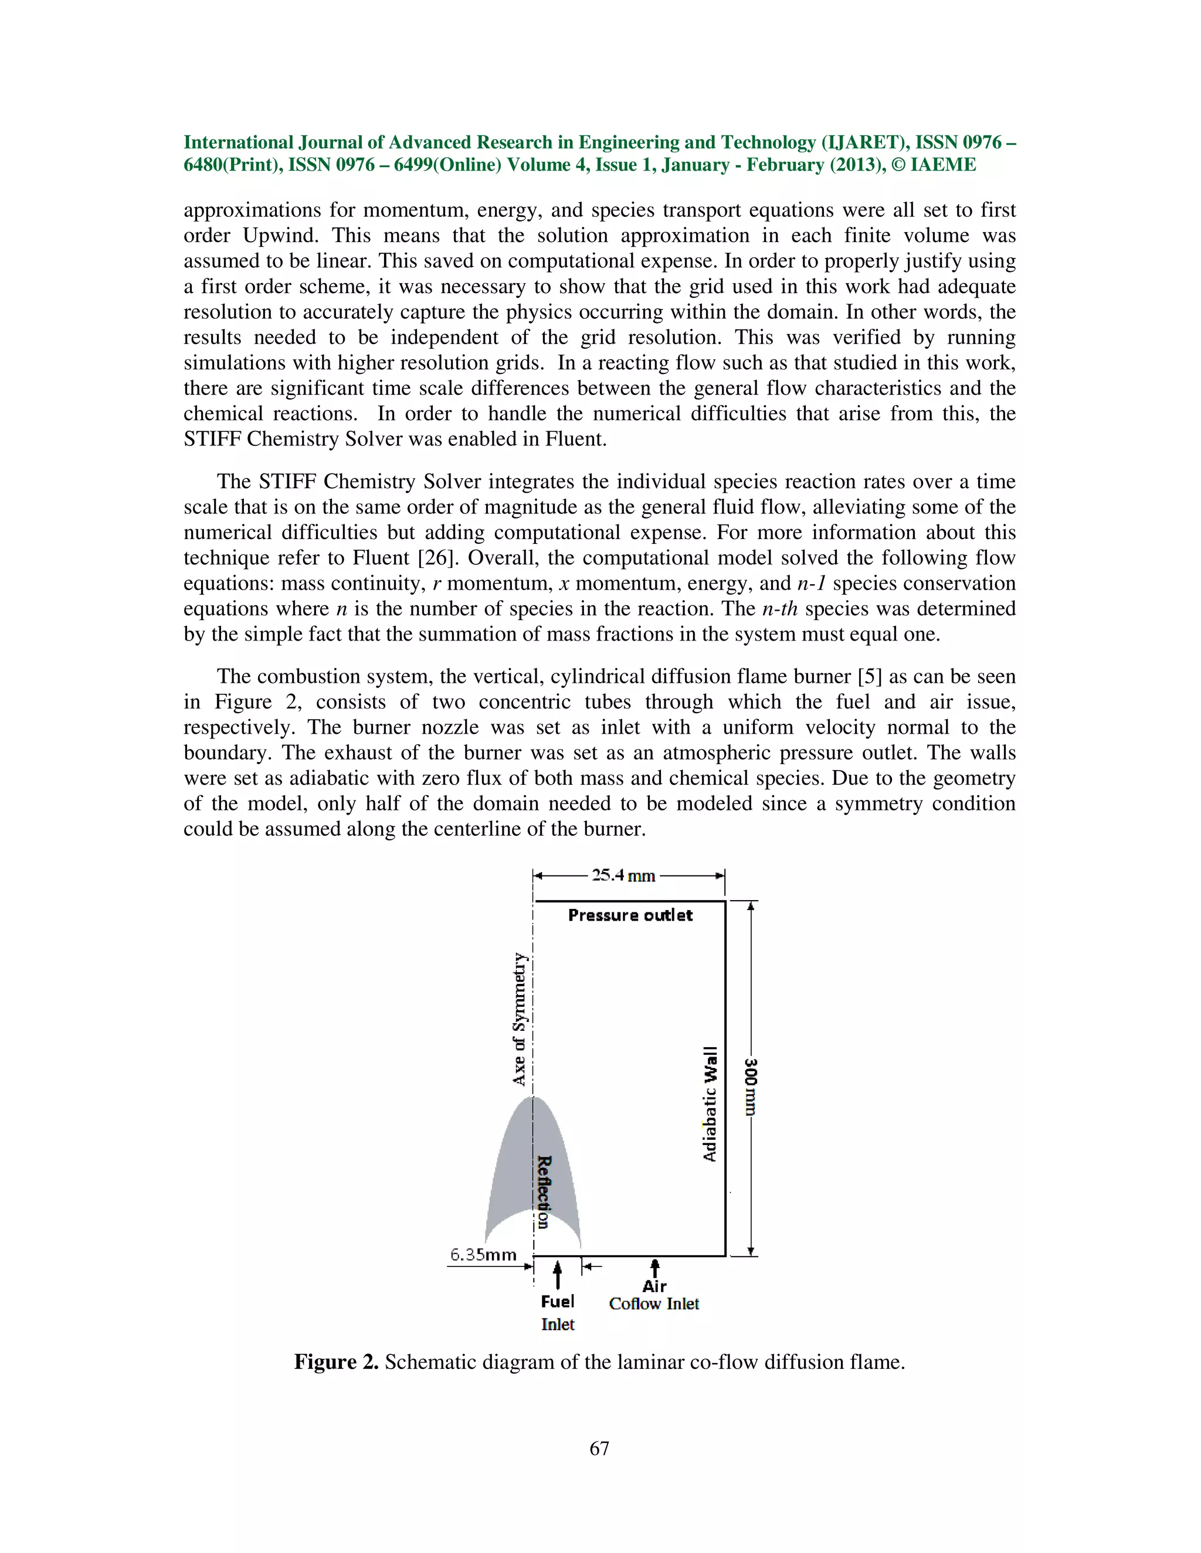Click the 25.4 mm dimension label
[x=623, y=876]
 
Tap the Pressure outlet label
[x=630, y=915]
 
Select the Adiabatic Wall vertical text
[x=710, y=1104]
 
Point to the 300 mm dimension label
[x=751, y=1087]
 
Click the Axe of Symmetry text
[x=520, y=1019]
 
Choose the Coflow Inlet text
[x=654, y=1304]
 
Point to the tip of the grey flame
[x=534, y=1099]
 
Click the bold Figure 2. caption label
[x=336, y=1363]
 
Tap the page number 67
[x=599, y=1449]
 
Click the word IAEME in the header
[x=943, y=165]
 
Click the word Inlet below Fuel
[x=557, y=1325]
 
